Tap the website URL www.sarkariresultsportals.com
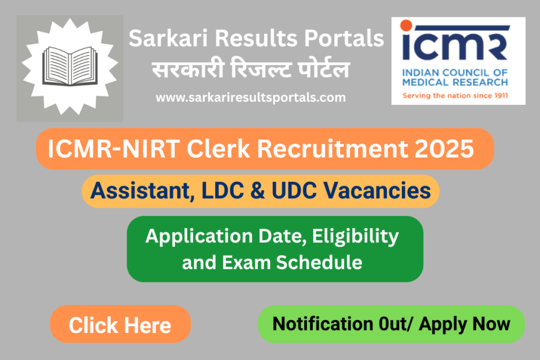pyautogui.click(x=250, y=98)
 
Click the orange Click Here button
pyautogui.click(x=120, y=325)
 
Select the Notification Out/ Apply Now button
pyautogui.click(x=391, y=324)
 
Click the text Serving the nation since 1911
pyautogui.click(x=458, y=96)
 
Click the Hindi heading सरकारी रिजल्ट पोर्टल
pyautogui.click(x=250, y=70)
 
